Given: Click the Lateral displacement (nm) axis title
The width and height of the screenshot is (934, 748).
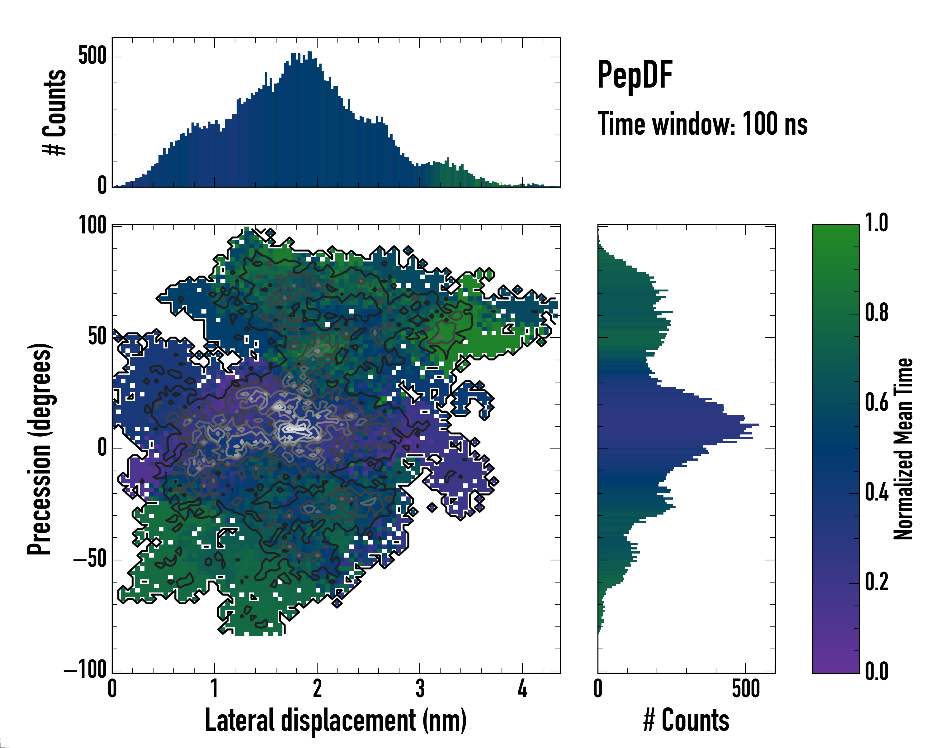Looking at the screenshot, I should point(336,720).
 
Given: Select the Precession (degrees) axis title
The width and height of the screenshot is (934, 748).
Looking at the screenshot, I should point(40,449).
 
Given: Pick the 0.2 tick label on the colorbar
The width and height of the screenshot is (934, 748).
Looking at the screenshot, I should point(876,582).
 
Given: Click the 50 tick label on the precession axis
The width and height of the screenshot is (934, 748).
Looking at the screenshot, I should point(97,337).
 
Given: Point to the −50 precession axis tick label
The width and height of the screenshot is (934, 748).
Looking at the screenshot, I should point(90,559).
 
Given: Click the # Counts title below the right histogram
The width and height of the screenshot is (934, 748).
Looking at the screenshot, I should point(686,720).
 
